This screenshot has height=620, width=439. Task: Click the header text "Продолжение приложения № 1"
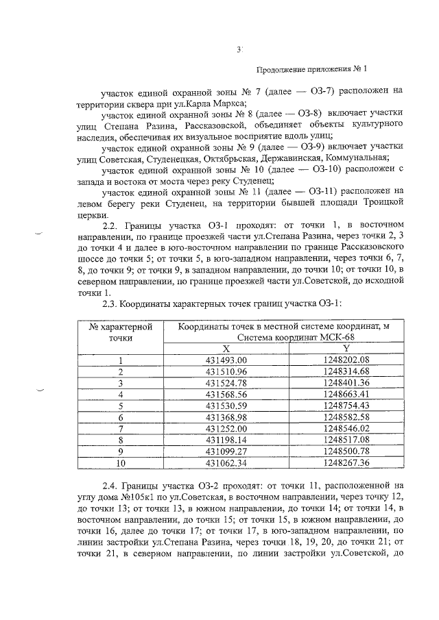(x=312, y=69)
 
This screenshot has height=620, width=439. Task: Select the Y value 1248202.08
(x=346, y=360)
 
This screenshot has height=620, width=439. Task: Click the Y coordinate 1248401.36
(x=346, y=382)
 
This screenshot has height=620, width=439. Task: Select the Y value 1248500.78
(x=346, y=451)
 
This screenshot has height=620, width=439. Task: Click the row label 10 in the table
(x=120, y=463)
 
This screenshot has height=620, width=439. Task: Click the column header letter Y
(x=346, y=348)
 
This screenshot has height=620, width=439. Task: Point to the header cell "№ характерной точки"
(x=120, y=332)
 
